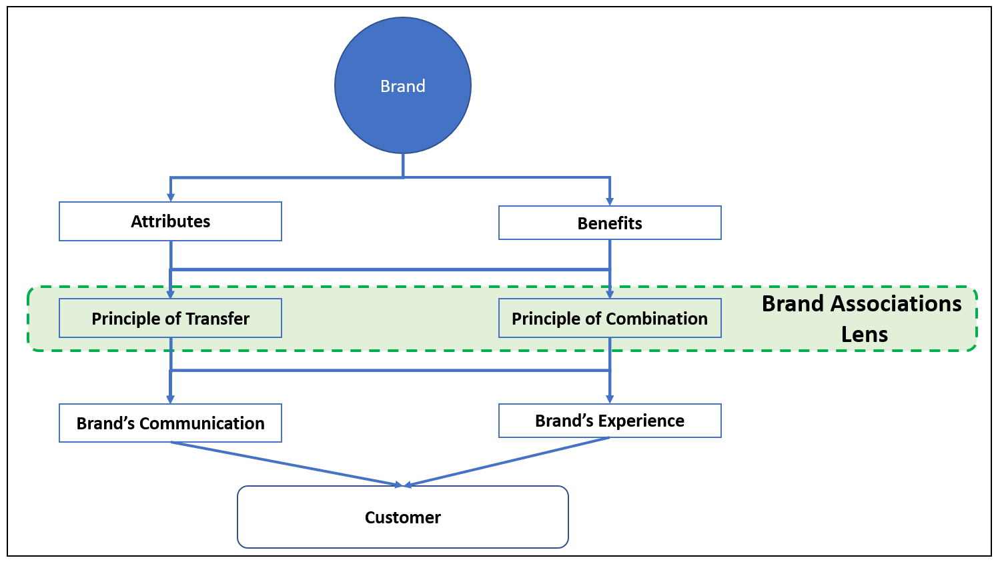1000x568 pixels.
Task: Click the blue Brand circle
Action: (x=403, y=85)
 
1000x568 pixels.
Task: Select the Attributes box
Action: (x=170, y=221)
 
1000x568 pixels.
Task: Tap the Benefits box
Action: (x=610, y=223)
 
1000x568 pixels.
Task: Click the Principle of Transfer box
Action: (x=170, y=318)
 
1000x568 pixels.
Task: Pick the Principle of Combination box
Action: (x=610, y=318)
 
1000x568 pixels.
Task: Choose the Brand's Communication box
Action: (x=170, y=423)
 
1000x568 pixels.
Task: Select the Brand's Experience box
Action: (x=610, y=421)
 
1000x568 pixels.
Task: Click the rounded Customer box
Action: (x=403, y=517)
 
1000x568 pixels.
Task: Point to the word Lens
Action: (x=864, y=334)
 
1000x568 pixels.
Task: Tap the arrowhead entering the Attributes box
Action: (x=171, y=197)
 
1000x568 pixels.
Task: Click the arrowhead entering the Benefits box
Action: (x=610, y=201)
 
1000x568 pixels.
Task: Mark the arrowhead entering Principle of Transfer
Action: (x=171, y=294)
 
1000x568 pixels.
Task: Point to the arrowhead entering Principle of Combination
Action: (x=610, y=294)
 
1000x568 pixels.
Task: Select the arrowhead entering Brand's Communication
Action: (x=171, y=399)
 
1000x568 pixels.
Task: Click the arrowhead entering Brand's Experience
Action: (x=610, y=399)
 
